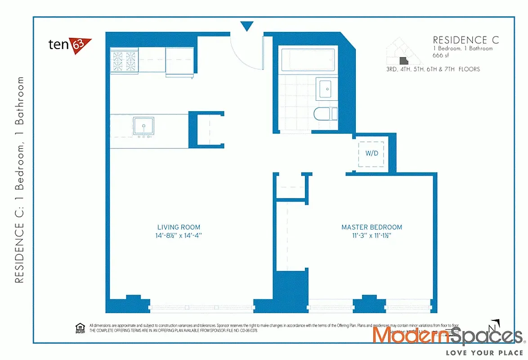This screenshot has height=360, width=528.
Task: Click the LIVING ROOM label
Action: (x=179, y=227)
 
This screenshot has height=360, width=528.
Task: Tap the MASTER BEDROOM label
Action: (x=371, y=227)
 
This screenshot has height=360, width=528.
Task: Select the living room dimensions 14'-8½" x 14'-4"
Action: (x=179, y=235)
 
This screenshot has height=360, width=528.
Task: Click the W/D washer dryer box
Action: (x=371, y=153)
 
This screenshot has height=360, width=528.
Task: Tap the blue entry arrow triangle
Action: (x=246, y=26)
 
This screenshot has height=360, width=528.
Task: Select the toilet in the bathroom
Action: (x=324, y=113)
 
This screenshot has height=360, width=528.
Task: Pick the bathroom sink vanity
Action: (x=325, y=89)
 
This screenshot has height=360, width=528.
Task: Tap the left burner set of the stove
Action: (x=118, y=61)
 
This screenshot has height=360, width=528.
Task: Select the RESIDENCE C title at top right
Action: (x=465, y=40)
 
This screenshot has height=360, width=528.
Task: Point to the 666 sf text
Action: (x=441, y=55)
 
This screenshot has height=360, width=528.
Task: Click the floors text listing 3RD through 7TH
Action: (x=432, y=69)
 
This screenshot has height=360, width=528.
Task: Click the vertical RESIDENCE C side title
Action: (x=19, y=180)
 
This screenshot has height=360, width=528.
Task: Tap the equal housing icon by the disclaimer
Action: (x=80, y=327)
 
